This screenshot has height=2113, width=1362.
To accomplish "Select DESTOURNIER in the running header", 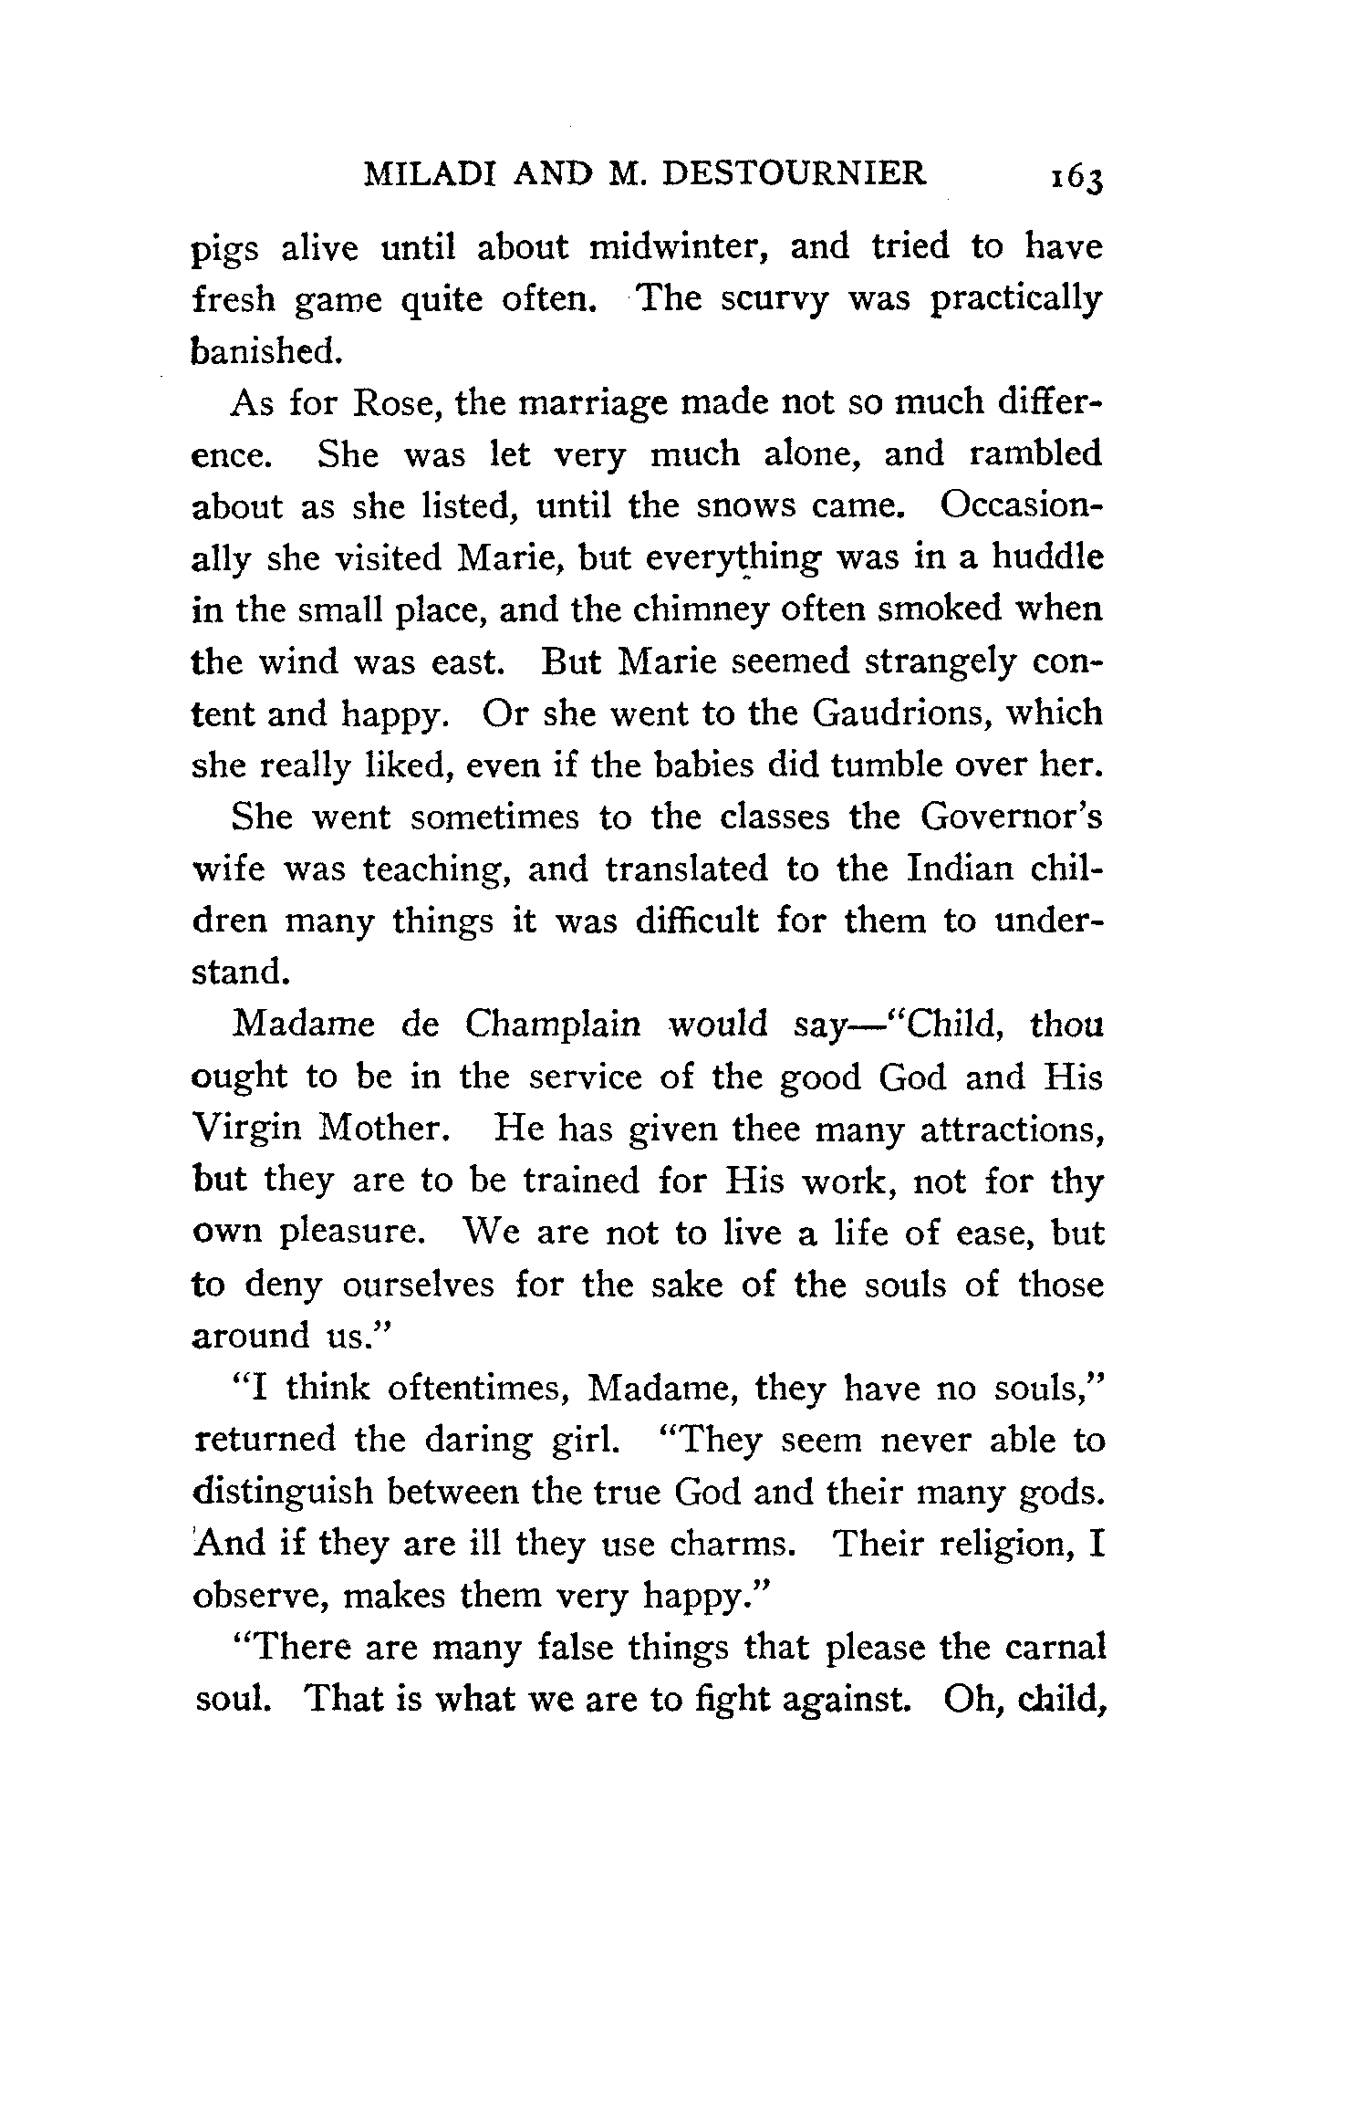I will coord(793,172).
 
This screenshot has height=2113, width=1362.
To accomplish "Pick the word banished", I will coord(266,351).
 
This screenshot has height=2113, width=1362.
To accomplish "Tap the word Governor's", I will coord(1011,817).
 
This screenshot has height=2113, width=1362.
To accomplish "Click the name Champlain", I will coord(553,1025).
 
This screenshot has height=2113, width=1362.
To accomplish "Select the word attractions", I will coord(1013,1129).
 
